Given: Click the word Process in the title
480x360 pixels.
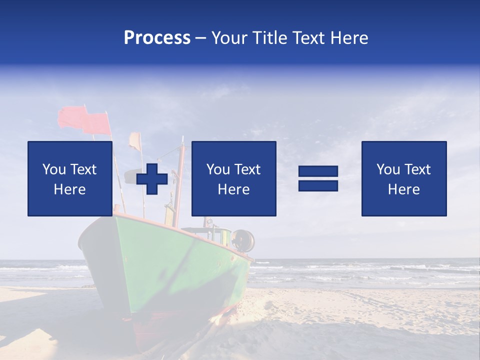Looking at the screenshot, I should (x=157, y=38).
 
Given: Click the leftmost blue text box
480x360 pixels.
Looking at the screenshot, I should (x=70, y=178).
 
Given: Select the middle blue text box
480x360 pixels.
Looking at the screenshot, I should (x=233, y=178).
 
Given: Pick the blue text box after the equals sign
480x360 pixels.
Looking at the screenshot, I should (x=403, y=178).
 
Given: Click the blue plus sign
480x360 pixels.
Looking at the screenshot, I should (x=152, y=178).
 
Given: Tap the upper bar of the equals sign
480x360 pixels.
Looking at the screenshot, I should (x=318, y=171).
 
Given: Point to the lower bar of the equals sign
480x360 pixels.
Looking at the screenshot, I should (x=318, y=185).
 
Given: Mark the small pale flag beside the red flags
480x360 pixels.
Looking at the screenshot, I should (x=135, y=140).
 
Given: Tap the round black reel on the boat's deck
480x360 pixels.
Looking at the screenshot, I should (x=243, y=240).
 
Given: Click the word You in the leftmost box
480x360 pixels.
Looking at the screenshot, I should (x=54, y=169).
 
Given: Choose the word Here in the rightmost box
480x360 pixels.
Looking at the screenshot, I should (x=403, y=189).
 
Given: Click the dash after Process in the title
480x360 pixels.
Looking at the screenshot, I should (x=201, y=38).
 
